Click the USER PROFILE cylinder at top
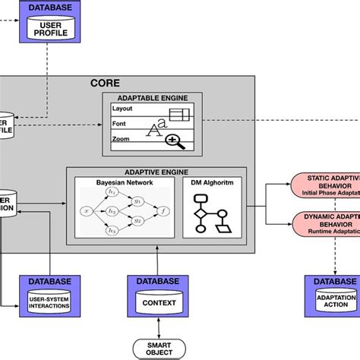(49, 30)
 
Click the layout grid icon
(179, 115)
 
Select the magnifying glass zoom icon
(175, 140)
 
